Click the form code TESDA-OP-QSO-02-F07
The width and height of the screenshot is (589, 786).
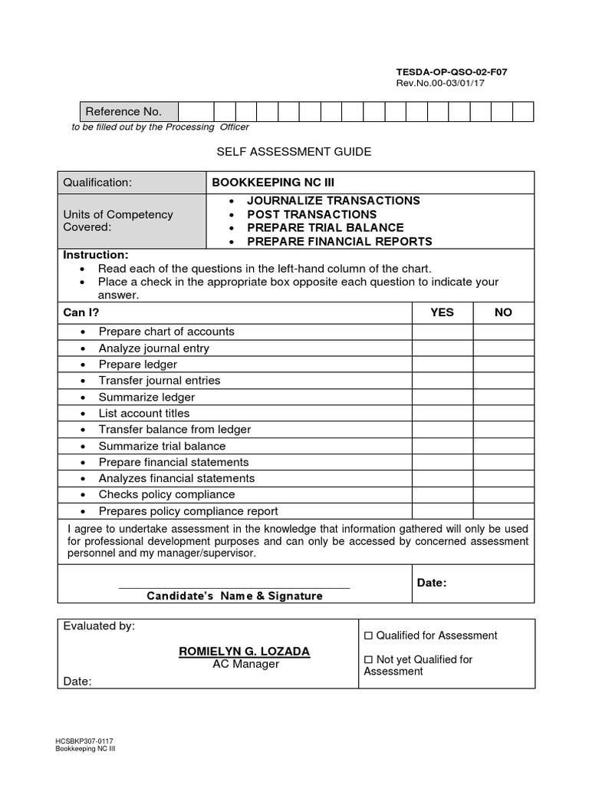(x=451, y=72)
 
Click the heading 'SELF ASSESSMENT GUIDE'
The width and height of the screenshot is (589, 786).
(x=294, y=152)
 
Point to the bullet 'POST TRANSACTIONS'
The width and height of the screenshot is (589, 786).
(x=311, y=214)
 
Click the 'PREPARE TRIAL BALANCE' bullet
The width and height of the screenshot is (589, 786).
(x=325, y=228)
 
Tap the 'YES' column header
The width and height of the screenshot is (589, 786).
(x=443, y=312)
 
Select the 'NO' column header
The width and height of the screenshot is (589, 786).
(x=503, y=312)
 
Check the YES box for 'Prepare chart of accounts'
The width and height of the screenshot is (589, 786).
(x=443, y=332)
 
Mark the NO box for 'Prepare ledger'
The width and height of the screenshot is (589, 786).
(x=503, y=365)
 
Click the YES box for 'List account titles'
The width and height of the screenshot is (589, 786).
(x=443, y=413)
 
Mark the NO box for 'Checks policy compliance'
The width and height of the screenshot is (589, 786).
(x=503, y=494)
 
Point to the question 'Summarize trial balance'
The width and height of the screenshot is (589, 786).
(x=162, y=446)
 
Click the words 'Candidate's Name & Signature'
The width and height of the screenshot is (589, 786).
(x=235, y=596)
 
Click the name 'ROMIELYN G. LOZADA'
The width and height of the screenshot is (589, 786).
(x=245, y=651)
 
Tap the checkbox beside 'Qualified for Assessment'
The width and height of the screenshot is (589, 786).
(x=368, y=636)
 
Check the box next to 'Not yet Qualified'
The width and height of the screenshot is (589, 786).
(x=368, y=659)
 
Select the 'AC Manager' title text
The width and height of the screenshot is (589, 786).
(x=245, y=664)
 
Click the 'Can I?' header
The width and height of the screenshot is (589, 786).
(x=81, y=312)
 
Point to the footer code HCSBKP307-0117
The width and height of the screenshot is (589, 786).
(x=84, y=741)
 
